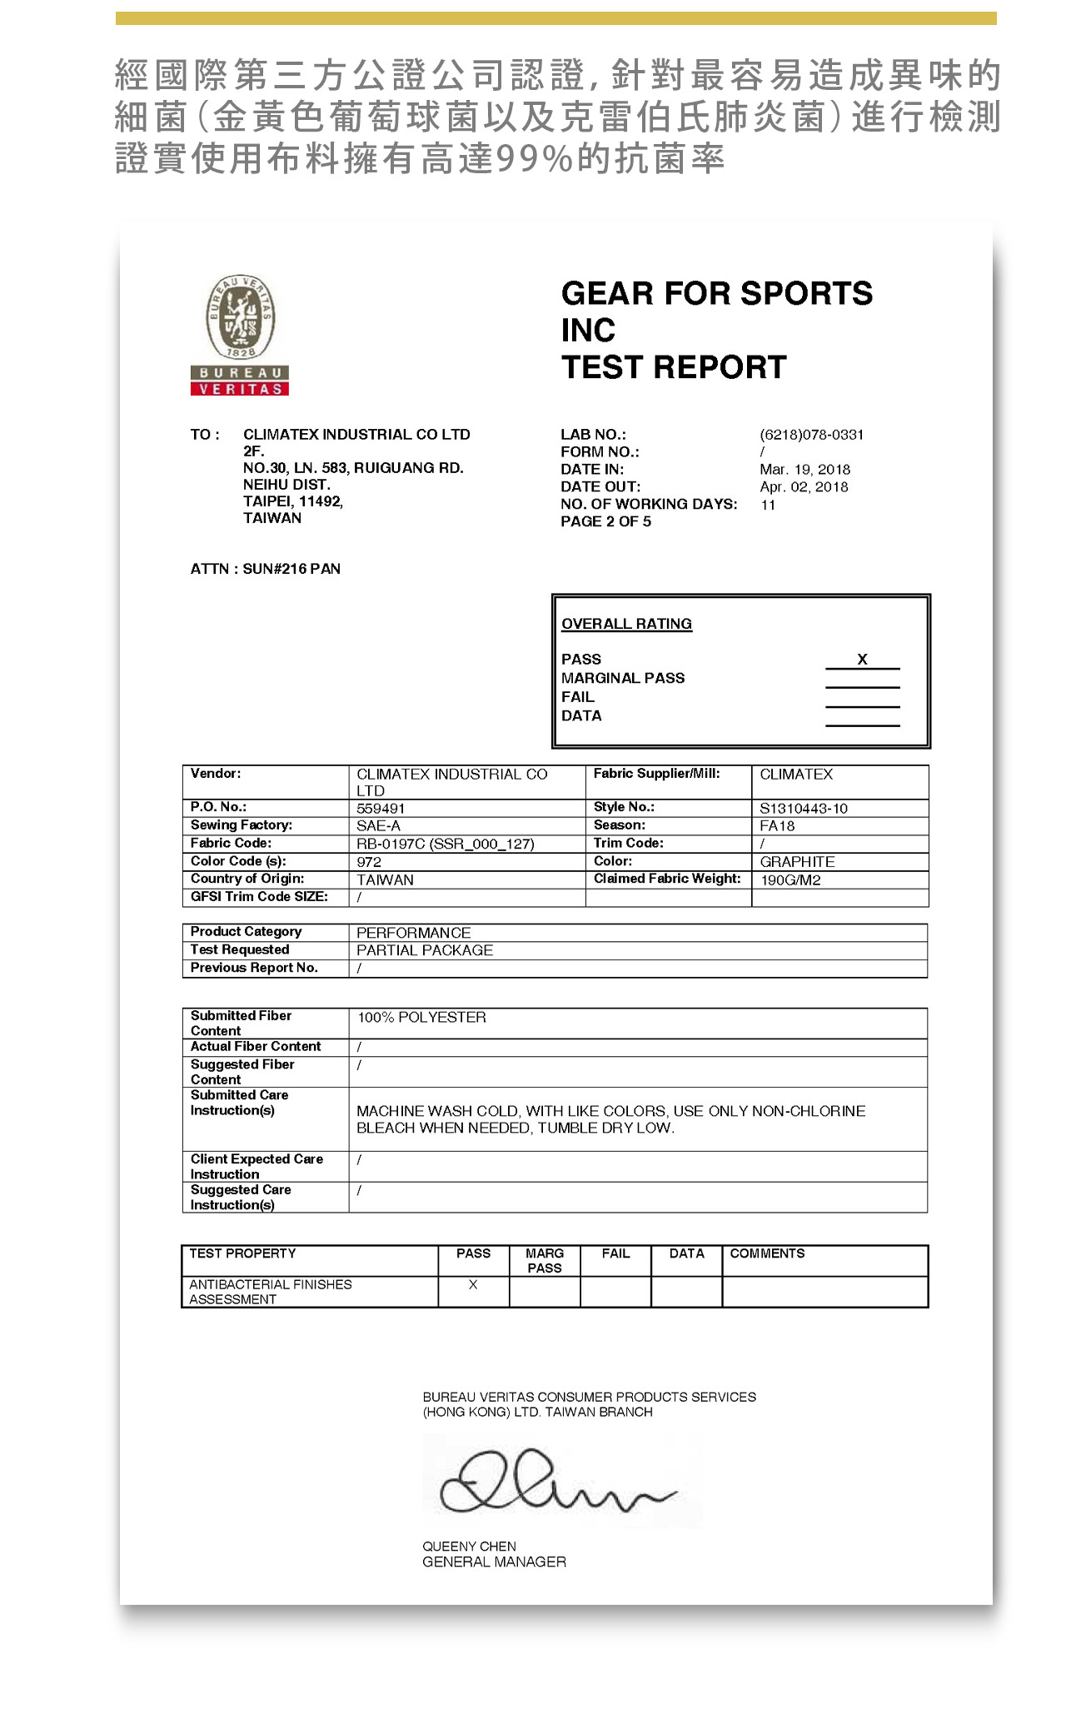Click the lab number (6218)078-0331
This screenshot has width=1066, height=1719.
tap(811, 435)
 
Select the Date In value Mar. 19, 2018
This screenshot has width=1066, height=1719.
tap(804, 470)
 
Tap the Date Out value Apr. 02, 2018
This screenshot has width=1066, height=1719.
tap(804, 487)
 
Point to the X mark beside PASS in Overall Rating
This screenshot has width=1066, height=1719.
tap(863, 660)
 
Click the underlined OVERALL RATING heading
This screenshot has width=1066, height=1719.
tap(626, 624)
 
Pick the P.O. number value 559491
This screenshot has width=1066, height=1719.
tap(381, 809)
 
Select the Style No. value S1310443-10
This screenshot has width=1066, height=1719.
tap(804, 809)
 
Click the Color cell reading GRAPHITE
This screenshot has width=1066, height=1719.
tap(797, 862)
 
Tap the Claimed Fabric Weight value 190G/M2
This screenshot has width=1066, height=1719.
tap(790, 880)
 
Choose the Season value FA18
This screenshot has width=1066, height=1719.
tap(777, 826)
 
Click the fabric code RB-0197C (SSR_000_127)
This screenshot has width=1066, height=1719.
tap(445, 844)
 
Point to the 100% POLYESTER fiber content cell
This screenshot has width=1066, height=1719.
tap(421, 1018)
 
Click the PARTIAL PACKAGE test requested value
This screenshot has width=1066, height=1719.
tap(425, 950)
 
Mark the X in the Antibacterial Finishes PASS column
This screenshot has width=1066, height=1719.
tap(473, 1285)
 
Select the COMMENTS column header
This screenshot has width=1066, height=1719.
tap(767, 1253)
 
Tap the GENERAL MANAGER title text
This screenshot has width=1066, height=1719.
tap(494, 1562)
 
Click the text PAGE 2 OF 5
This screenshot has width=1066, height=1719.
tap(605, 521)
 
